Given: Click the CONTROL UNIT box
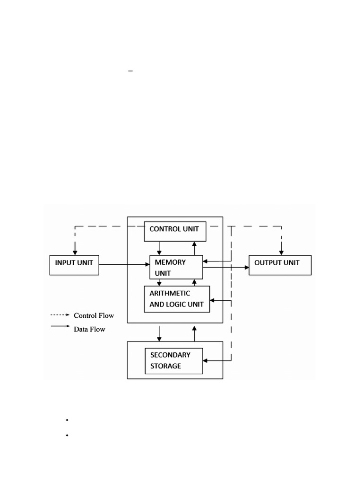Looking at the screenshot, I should (x=175, y=231).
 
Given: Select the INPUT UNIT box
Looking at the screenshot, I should (x=74, y=265).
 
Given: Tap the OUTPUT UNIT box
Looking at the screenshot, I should (x=280, y=265).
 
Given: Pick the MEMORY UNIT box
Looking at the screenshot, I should (x=176, y=268).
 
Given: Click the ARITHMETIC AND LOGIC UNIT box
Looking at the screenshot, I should (x=177, y=299).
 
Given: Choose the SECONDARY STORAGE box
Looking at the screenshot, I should (x=173, y=361).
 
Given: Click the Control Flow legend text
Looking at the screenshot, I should (x=94, y=315).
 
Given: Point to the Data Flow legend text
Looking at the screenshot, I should (x=89, y=329).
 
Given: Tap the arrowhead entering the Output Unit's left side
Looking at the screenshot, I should (x=246, y=268).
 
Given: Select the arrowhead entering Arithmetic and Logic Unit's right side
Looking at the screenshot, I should (x=213, y=300).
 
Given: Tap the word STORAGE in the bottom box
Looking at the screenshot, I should (x=165, y=366).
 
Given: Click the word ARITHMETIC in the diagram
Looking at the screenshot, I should (x=170, y=294).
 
